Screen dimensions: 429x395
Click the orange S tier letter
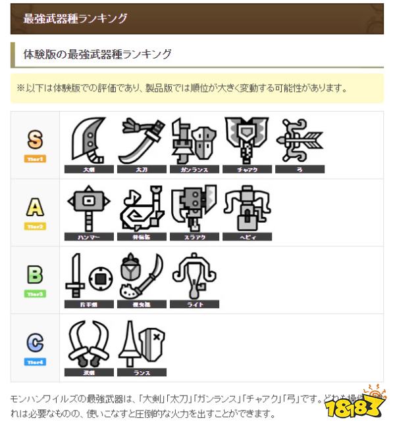pos(35,140)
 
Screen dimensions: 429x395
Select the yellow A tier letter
pos(35,208)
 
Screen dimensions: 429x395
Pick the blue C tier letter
pos(35,343)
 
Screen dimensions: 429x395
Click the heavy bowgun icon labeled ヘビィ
pos(246,207)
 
